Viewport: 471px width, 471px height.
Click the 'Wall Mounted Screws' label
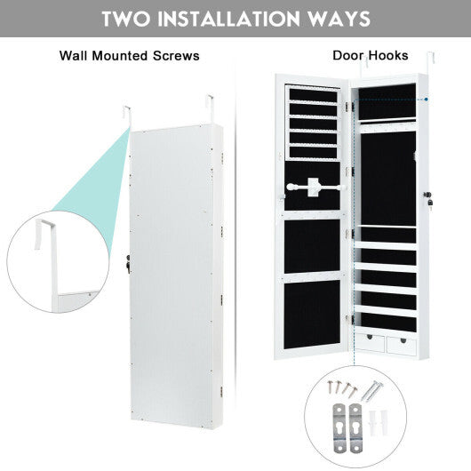[129, 56]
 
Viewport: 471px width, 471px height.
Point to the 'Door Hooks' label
[370, 56]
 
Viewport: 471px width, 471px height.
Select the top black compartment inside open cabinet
[387, 101]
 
